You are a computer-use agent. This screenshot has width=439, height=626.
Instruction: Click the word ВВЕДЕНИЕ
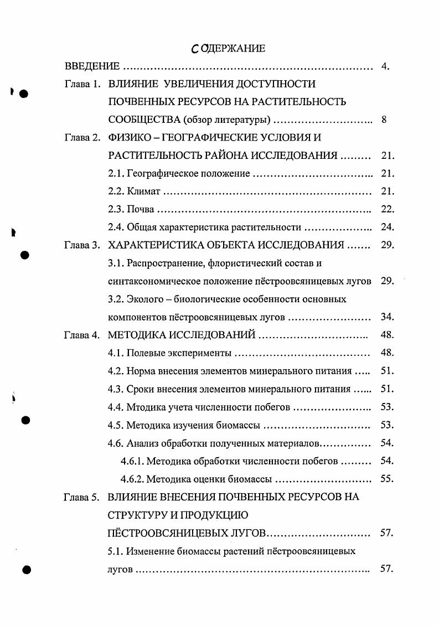[x=92, y=67]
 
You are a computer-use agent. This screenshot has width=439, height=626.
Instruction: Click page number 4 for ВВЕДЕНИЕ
[x=385, y=67]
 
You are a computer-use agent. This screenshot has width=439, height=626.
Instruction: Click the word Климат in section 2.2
[x=143, y=192]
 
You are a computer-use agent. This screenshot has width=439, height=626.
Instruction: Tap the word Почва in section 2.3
[x=140, y=210]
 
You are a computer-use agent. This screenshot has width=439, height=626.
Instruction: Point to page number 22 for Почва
[x=387, y=210]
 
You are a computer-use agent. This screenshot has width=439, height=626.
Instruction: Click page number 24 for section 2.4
[x=387, y=227]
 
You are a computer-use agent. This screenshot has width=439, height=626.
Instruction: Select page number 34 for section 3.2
[x=387, y=317]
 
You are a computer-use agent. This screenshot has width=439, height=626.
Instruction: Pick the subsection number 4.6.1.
[x=133, y=461]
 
